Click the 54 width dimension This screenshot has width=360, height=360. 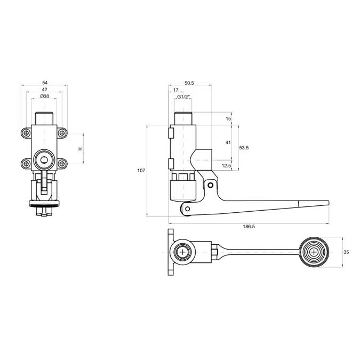coord(44,83)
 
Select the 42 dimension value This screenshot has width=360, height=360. coord(44,90)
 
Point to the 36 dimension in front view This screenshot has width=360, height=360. coord(79,149)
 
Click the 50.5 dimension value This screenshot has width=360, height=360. coord(189,83)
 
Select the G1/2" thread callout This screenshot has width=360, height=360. coord(183,97)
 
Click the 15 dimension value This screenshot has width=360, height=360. coord(228,118)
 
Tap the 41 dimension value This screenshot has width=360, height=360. coord(228,142)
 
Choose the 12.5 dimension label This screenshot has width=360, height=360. coord(226,166)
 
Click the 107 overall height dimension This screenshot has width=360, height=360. coord(141,171)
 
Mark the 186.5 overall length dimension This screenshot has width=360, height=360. coord(249,227)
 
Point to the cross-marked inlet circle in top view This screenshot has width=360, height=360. coord(183,252)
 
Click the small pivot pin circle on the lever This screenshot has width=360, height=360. coord(211,186)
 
